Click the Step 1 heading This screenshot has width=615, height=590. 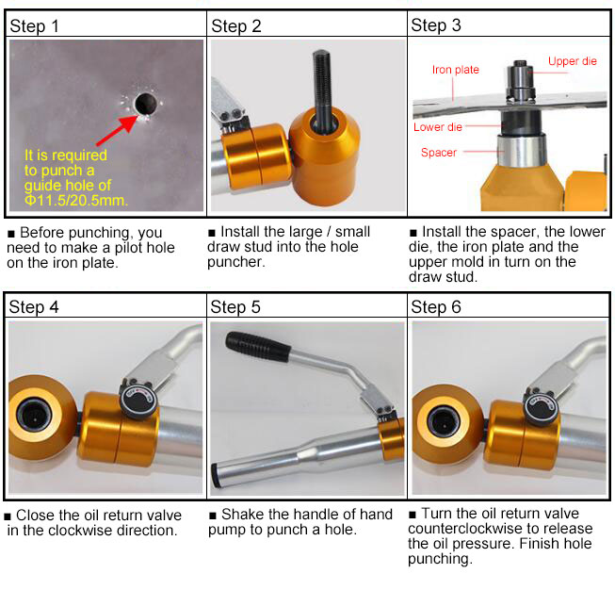[x=34, y=26]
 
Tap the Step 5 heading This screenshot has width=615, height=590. [x=235, y=307]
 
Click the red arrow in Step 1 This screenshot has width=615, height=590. [x=117, y=130]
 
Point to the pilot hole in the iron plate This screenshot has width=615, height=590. [x=146, y=104]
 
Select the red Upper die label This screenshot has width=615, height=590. [x=573, y=61]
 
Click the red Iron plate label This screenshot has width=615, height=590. [x=456, y=70]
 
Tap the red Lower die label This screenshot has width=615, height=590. [x=438, y=127]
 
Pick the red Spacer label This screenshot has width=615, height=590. [x=439, y=153]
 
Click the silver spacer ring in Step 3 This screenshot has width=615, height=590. [x=522, y=151]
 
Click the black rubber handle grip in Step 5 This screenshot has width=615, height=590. [x=258, y=347]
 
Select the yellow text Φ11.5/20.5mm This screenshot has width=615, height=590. [x=76, y=200]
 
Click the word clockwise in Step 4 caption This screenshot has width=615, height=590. [x=80, y=531]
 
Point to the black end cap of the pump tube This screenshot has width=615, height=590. [x=216, y=476]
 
